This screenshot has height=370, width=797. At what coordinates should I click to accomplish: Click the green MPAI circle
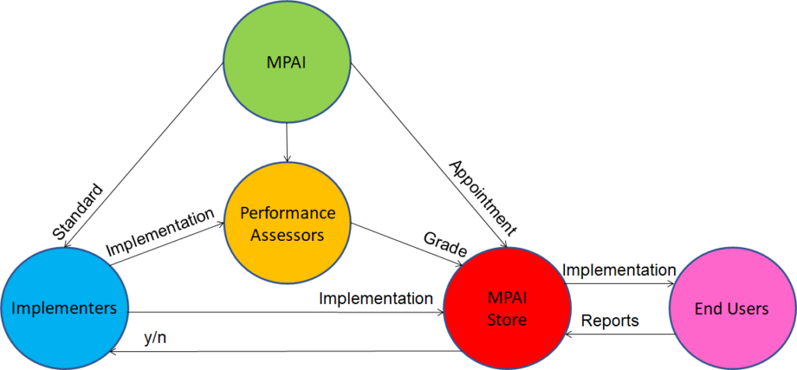[288, 60]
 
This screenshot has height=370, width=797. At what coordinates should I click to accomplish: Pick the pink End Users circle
[731, 309]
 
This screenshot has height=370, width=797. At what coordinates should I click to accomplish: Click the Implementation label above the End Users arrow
[619, 270]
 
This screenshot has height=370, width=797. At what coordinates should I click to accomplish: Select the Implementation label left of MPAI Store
[376, 298]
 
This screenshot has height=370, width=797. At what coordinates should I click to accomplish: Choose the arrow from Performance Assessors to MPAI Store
[405, 244]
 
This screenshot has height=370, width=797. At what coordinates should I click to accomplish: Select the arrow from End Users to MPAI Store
[619, 334]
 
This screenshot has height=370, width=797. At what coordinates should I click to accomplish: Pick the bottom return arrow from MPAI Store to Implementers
[280, 351]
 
